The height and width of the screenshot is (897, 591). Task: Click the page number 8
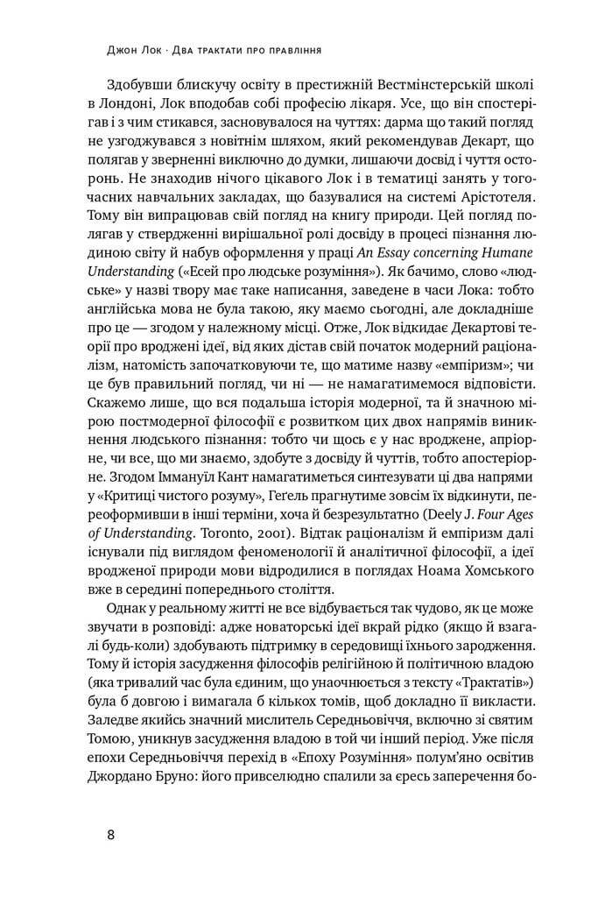(x=110, y=833)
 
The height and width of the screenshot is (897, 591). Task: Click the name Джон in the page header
(x=118, y=51)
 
